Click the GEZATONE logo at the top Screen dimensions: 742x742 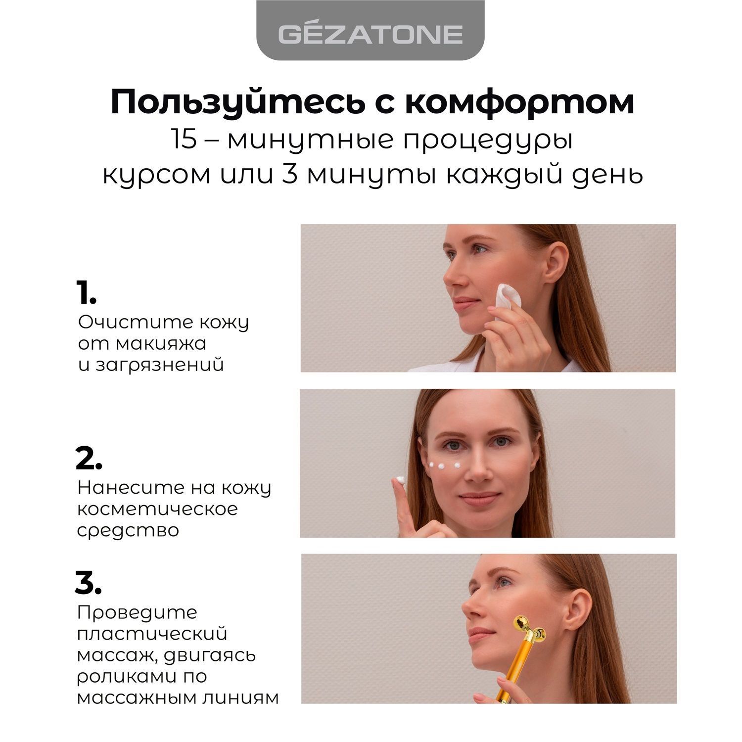pyautogui.click(x=370, y=34)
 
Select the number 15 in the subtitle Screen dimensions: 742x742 pyautogui.click(x=184, y=140)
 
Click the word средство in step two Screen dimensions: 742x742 pyautogui.click(x=128, y=531)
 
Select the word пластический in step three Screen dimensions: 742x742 pyautogui.click(x=152, y=634)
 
